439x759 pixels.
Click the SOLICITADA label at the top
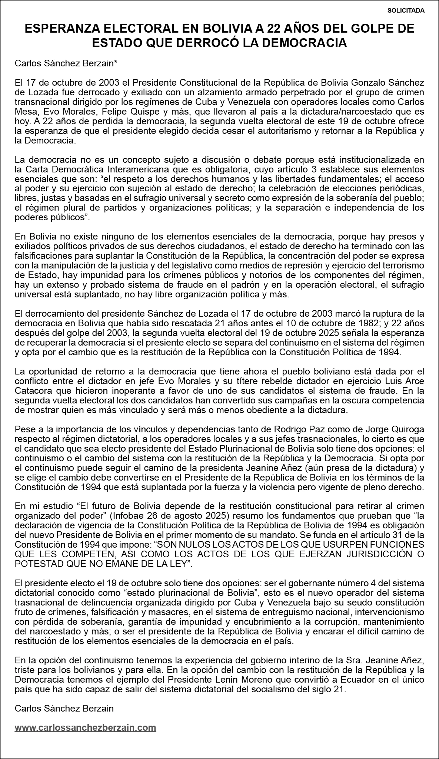point(406,11)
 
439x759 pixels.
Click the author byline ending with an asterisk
point(66,64)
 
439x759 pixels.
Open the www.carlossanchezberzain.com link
point(85,738)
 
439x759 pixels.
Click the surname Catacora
point(34,391)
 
